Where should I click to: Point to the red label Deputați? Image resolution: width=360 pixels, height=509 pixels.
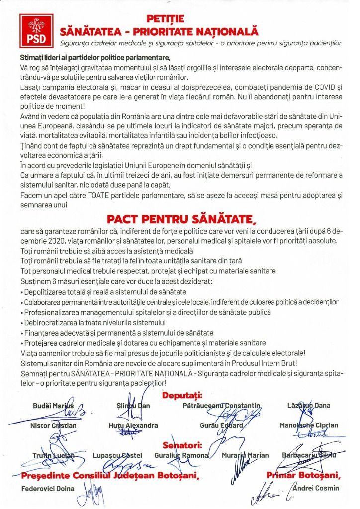point(182,395)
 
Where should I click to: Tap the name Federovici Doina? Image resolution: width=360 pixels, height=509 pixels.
point(49,488)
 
